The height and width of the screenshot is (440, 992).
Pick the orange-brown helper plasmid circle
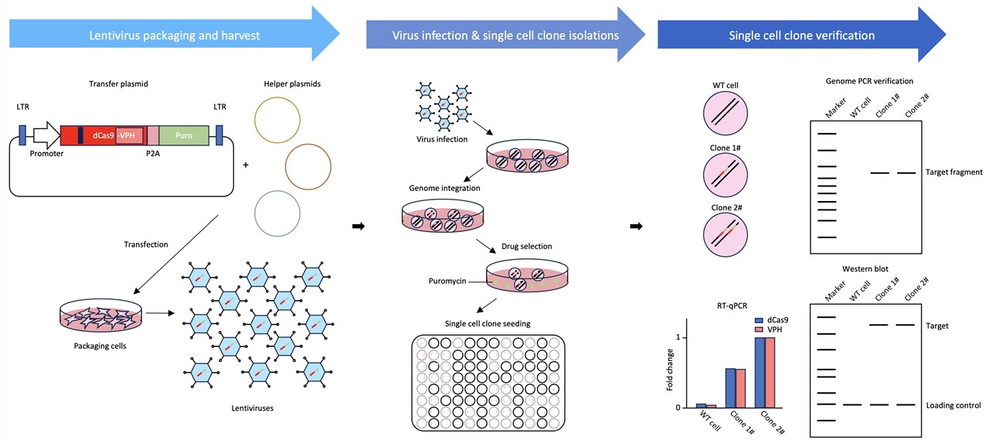307,165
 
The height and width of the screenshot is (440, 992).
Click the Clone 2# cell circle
726,236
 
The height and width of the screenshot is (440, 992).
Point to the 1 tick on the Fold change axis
678,338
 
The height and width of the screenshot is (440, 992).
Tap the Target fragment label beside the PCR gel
953,172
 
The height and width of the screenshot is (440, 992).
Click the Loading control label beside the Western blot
954,405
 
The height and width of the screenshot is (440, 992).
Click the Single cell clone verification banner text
801,36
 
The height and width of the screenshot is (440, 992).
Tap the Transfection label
146,244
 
